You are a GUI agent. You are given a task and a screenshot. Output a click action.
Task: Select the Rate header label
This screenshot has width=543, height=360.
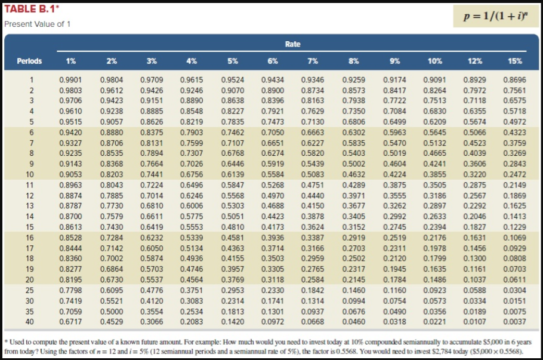pyautogui.click(x=292, y=44)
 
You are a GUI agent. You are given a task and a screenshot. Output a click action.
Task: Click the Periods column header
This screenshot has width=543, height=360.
pyautogui.click(x=30, y=61)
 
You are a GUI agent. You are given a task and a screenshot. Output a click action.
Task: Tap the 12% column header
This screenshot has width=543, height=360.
pyautogui.click(x=475, y=61)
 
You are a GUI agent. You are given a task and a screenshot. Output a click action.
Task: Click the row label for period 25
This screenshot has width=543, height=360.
pyautogui.click(x=30, y=289)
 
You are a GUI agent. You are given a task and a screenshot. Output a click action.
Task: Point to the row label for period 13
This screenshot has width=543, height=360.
pyautogui.click(x=30, y=205)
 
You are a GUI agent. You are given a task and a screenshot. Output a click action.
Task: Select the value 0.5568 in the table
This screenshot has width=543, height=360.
pyautogui.click(x=232, y=195)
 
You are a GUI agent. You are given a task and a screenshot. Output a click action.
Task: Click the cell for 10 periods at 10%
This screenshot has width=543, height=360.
pyautogui.click(x=434, y=174)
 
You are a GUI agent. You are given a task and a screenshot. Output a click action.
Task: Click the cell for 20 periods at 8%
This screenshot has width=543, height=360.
pyautogui.click(x=354, y=279)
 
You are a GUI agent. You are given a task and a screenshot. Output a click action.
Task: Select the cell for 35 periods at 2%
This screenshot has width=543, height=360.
pyautogui.click(x=111, y=310)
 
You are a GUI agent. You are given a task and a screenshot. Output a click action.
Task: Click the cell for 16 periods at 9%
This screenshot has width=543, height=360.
pyautogui.click(x=394, y=237)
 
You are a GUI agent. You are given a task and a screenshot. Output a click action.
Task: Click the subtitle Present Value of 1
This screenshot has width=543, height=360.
pyautogui.click(x=37, y=24)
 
